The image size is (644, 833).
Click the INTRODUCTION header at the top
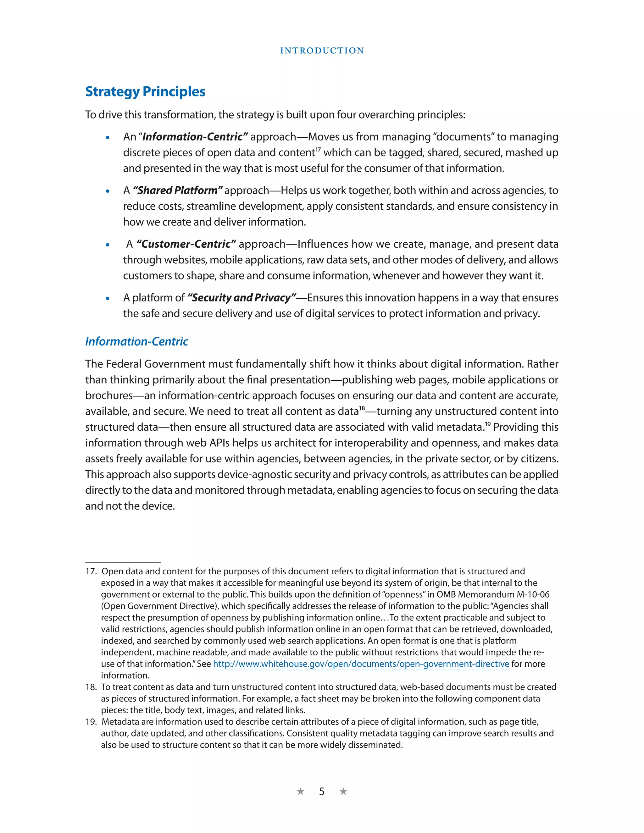322,51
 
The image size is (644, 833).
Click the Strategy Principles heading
145,91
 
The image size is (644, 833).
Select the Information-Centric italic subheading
136,341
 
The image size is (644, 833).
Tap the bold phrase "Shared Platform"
177,190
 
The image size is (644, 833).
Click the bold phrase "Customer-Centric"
186,244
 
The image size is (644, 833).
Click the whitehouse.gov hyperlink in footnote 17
361,664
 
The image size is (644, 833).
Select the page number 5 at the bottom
322,792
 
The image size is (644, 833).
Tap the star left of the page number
301,792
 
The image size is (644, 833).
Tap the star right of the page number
343,792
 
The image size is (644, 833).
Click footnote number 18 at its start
91,687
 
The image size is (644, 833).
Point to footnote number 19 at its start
91,722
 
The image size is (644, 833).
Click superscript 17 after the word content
318,149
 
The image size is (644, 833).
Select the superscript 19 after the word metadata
488,424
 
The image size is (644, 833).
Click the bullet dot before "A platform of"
108,299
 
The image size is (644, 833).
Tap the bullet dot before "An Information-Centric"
108,138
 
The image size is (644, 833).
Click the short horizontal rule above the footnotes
123,563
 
